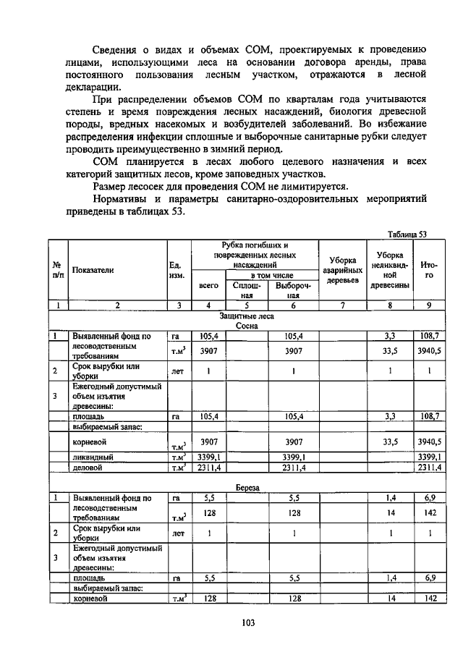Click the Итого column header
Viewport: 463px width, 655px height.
click(433, 270)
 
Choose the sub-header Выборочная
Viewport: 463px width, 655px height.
click(292, 290)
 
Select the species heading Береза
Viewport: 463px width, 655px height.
click(247, 489)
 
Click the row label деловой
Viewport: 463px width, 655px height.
click(87, 468)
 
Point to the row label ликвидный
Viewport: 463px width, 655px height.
click(91, 457)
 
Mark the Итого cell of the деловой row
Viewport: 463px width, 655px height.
click(433, 468)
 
